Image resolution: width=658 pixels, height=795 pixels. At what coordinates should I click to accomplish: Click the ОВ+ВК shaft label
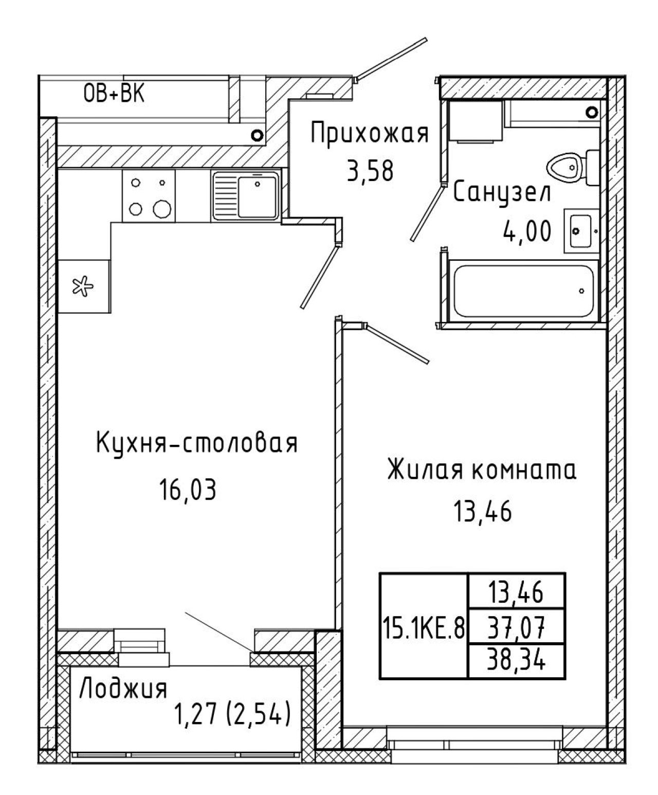(114, 94)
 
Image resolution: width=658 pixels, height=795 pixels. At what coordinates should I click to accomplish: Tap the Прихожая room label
(370, 134)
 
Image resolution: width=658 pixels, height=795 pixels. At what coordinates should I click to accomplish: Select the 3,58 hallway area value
(370, 171)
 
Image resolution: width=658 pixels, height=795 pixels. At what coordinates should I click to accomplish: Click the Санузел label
(502, 193)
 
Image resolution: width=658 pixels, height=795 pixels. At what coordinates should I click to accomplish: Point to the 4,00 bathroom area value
(527, 231)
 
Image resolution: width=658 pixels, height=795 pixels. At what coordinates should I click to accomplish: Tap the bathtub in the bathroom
(524, 291)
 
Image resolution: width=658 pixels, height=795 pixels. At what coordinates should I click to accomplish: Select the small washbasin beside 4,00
(581, 231)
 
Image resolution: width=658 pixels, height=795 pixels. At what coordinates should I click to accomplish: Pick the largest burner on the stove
(162, 209)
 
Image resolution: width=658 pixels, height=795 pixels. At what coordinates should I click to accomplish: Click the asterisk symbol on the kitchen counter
(83, 286)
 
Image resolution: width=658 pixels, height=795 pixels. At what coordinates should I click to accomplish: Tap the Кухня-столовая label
(197, 443)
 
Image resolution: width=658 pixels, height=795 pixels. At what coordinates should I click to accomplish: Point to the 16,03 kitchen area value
(188, 490)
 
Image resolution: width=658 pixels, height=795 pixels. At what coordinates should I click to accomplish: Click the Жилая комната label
(482, 470)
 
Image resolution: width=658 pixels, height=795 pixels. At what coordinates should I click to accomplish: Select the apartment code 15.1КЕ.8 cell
(424, 628)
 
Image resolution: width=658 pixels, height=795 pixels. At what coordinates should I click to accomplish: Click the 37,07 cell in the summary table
(516, 628)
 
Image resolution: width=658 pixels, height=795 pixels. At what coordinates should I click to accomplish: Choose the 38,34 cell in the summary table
(516, 661)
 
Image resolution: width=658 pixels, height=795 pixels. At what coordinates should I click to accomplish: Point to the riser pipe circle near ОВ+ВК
(258, 135)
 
